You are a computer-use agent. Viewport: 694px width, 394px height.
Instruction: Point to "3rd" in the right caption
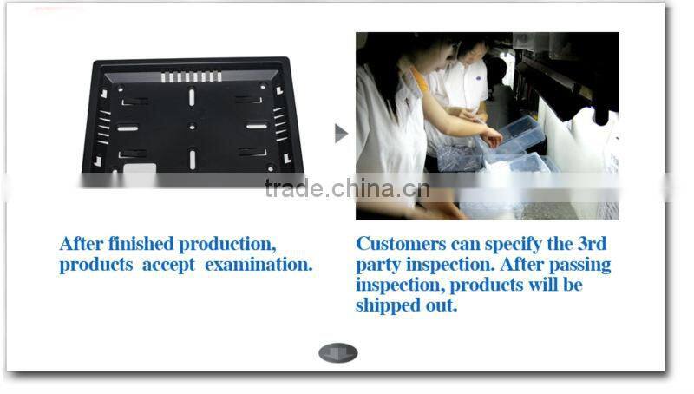pyautogui.click(x=590, y=243)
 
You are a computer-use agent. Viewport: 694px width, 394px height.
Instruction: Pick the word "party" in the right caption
pyautogui.click(x=379, y=264)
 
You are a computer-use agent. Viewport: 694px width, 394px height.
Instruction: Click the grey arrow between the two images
pyautogui.click(x=341, y=133)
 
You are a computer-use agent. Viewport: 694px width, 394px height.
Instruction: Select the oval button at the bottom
pyautogui.click(x=337, y=353)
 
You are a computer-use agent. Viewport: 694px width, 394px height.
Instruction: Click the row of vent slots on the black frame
pyautogui.click(x=191, y=77)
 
